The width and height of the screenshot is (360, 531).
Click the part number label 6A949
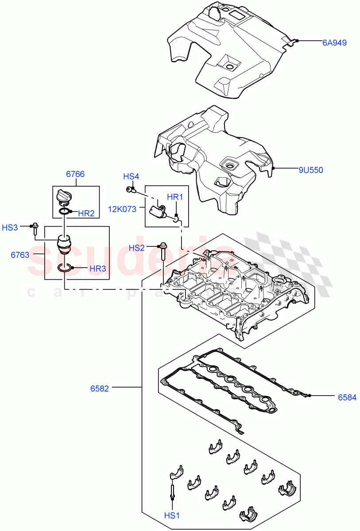click(334, 43)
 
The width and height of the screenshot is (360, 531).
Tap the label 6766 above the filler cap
click(75, 174)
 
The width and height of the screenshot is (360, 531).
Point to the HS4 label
click(131, 177)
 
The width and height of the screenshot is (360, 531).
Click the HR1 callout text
click(174, 196)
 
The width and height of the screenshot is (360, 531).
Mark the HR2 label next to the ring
click(86, 213)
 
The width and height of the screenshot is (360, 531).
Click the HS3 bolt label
click(10, 227)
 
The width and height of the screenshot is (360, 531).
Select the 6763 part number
click(20, 255)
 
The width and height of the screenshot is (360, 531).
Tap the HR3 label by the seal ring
click(97, 268)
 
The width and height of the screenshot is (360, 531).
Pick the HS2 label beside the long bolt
click(137, 248)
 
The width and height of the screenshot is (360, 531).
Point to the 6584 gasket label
click(347, 397)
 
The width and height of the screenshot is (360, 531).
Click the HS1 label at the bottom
click(172, 516)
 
